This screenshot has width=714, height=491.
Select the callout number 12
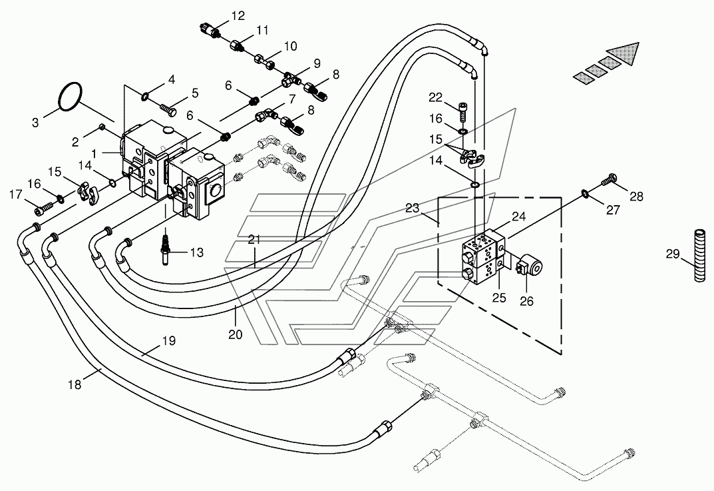(238, 16)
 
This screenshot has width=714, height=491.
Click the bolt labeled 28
(609, 179)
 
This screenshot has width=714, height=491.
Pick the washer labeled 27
(586, 195)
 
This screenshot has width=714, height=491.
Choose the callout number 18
(75, 384)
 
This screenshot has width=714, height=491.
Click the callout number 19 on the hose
(169, 340)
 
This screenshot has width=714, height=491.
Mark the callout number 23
(412, 209)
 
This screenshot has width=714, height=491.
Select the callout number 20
(236, 334)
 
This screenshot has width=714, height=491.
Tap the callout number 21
(254, 239)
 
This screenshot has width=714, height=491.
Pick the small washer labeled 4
(145, 96)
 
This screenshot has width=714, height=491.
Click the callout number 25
(499, 297)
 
